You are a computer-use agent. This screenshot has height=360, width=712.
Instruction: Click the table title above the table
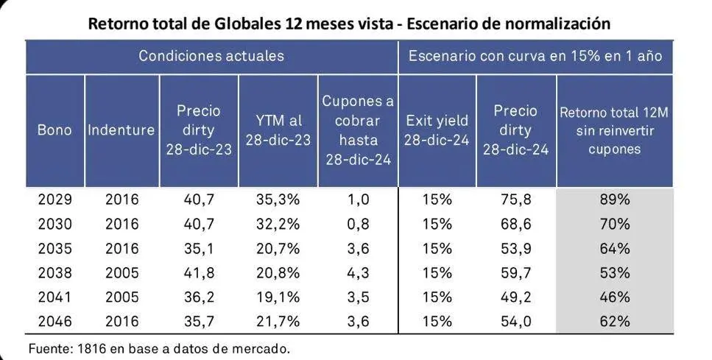tap(349, 23)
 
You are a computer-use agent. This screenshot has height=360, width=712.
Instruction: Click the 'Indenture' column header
tap(121, 130)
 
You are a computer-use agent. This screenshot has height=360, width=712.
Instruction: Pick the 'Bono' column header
tap(55, 130)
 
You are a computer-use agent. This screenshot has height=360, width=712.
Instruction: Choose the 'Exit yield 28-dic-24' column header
tap(437, 130)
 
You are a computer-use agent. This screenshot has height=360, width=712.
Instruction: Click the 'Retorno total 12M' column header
tap(615, 130)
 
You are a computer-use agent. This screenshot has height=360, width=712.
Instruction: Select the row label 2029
tap(55, 200)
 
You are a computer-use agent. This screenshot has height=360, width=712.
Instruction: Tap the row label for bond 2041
tap(55, 297)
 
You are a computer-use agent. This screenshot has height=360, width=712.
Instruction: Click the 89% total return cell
tap(615, 200)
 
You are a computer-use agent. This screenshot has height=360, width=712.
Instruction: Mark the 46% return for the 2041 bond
tap(615, 297)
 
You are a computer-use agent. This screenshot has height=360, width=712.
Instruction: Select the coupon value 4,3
tap(358, 272)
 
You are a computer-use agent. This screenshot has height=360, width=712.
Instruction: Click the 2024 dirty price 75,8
tap(516, 200)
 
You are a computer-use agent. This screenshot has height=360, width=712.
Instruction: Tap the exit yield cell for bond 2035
tap(437, 248)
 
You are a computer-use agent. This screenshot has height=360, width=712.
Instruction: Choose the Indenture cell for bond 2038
tap(121, 272)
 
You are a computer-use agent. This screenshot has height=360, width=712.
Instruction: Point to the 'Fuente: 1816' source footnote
tap(159, 348)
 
